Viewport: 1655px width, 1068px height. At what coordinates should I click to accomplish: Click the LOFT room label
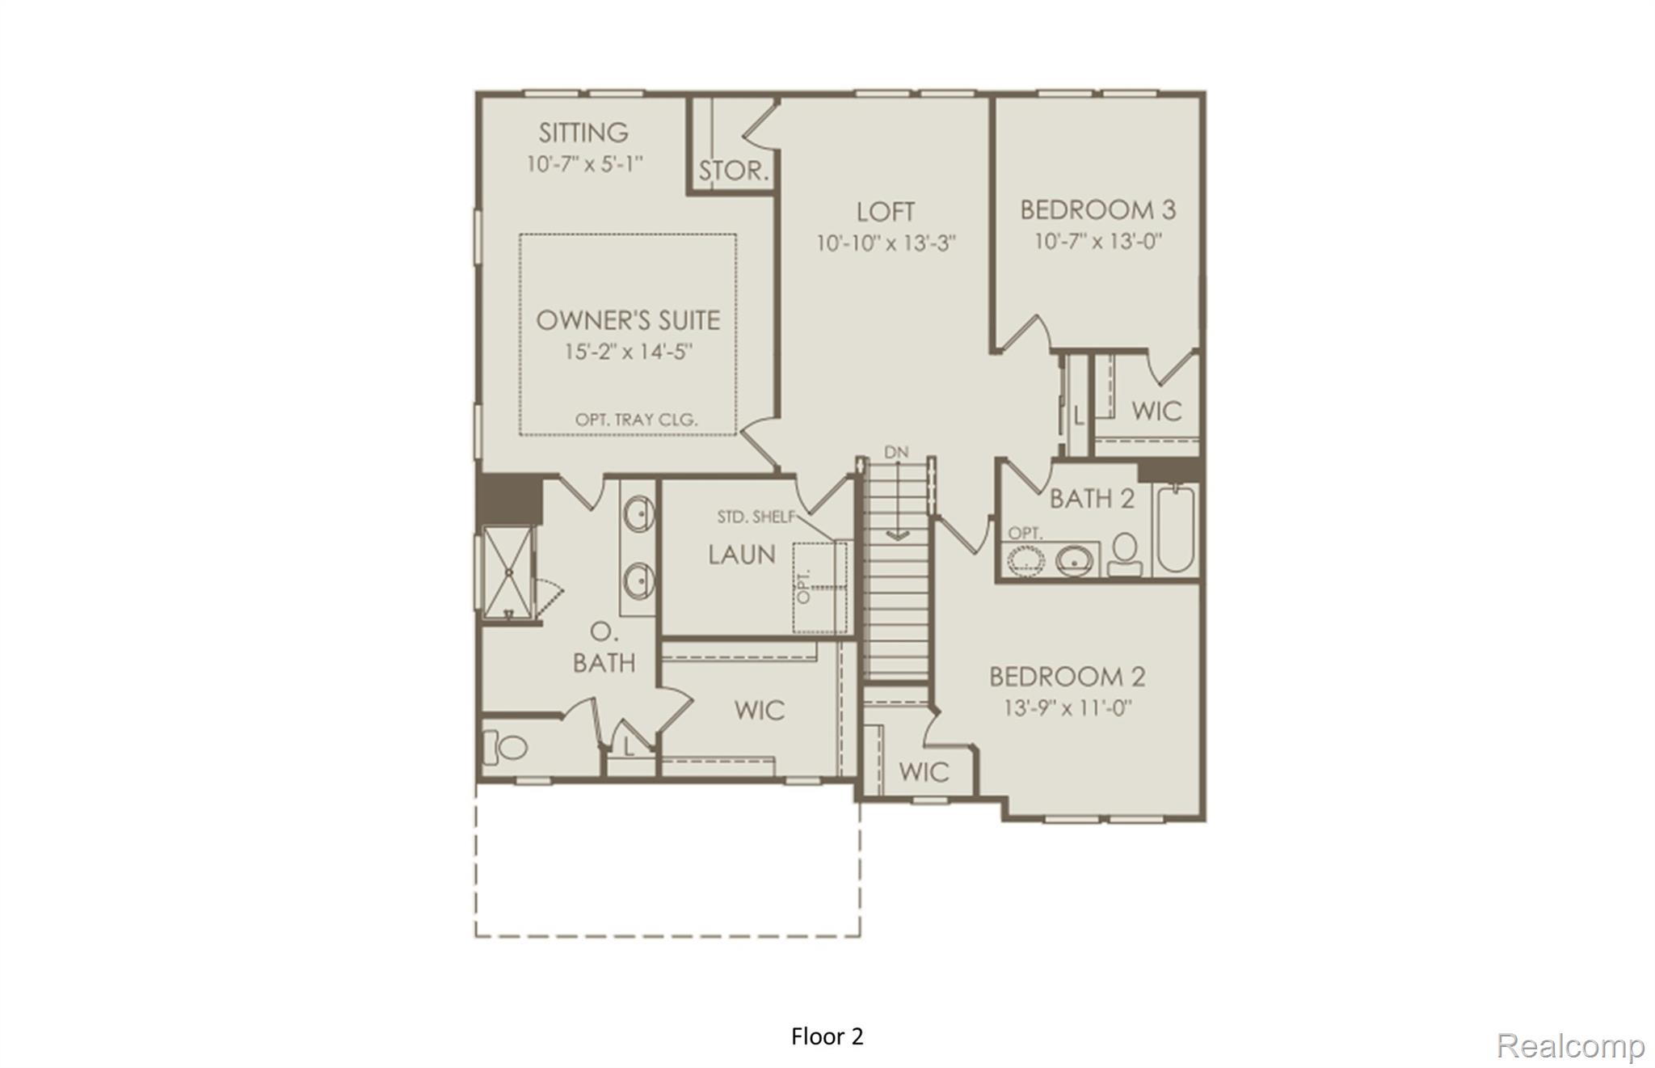(x=886, y=212)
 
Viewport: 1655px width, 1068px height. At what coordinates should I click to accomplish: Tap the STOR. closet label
(x=733, y=171)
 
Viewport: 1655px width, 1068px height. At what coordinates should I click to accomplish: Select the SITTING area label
(x=583, y=133)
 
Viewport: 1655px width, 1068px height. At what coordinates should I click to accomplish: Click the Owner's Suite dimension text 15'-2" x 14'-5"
(x=629, y=352)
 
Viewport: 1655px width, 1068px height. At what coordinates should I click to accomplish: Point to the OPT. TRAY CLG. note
(x=636, y=420)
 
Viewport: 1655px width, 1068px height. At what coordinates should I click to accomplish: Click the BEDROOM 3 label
(x=1097, y=210)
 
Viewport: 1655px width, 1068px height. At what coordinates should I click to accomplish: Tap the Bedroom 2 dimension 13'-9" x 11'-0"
(x=1068, y=708)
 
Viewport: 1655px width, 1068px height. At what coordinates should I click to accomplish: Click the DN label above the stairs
(x=896, y=453)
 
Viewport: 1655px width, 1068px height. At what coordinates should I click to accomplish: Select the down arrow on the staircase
(x=897, y=534)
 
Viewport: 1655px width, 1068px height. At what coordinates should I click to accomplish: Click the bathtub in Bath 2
(x=1176, y=530)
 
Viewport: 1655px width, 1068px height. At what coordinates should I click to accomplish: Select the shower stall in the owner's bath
(x=508, y=572)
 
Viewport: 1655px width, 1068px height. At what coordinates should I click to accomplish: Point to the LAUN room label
(x=742, y=555)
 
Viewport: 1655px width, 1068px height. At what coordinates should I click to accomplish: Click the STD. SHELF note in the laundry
(x=756, y=517)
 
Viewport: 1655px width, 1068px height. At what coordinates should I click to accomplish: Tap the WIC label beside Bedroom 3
(x=1156, y=411)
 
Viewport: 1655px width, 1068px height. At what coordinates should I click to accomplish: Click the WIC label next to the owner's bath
(x=760, y=711)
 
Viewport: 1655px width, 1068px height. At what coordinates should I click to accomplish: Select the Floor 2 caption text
(x=827, y=1036)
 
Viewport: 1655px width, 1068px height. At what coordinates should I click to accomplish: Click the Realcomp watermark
(x=1570, y=1045)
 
